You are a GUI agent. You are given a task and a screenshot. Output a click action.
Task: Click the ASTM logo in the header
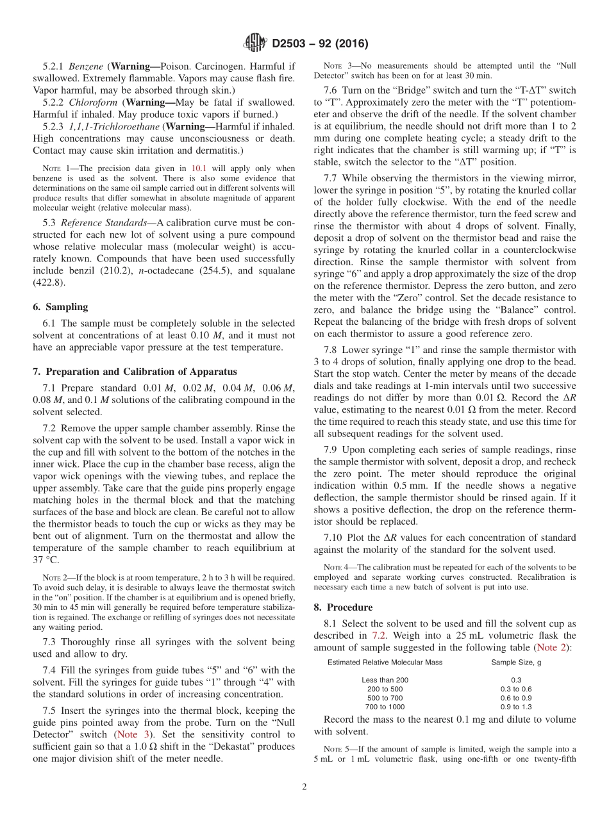pyautogui.click(x=255, y=44)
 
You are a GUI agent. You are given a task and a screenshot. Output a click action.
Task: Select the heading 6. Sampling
pyautogui.click(x=60, y=307)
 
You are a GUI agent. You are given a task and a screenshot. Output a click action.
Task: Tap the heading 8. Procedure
pyautogui.click(x=343, y=607)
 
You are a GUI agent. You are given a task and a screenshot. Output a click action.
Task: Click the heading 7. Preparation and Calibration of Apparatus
pyautogui.click(x=135, y=372)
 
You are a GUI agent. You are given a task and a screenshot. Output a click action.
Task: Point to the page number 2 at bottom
pyautogui.click(x=304, y=787)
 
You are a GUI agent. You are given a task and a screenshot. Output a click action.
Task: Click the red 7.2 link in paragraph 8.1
pyautogui.click(x=379, y=636)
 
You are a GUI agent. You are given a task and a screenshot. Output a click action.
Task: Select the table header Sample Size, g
pyautogui.click(x=516, y=662)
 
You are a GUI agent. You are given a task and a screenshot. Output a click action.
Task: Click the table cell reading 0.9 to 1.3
pyautogui.click(x=516, y=707)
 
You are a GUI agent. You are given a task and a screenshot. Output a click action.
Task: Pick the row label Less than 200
pyautogui.click(x=385, y=680)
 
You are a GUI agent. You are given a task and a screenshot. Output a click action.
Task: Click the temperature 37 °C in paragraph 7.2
pyautogui.click(x=46, y=560)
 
